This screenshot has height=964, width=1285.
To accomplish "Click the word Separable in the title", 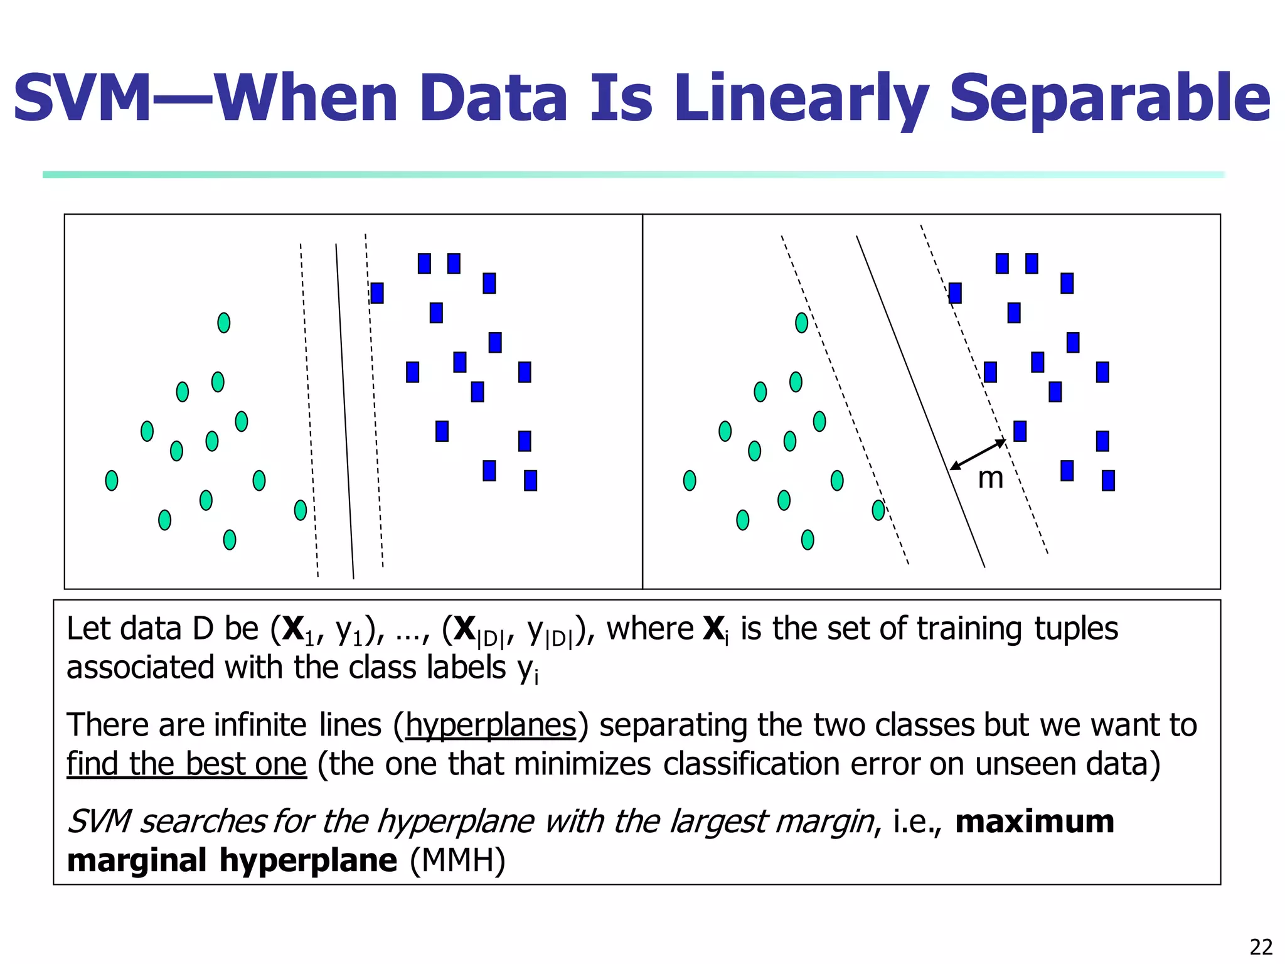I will point(1109,99).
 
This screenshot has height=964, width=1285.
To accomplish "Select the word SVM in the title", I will point(82,99).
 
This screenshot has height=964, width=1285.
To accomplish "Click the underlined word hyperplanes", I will point(491,726).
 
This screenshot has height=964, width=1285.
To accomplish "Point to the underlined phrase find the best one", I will point(186,764).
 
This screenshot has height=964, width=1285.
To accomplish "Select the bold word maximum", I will point(1034,822).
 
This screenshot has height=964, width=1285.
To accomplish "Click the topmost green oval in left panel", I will point(223,323).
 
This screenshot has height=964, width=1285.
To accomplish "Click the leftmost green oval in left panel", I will point(112,480).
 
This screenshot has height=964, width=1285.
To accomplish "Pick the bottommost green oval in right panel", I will point(808,540).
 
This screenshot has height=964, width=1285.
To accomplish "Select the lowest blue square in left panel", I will point(530,480).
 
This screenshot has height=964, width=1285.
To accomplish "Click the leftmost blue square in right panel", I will point(955,293).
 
